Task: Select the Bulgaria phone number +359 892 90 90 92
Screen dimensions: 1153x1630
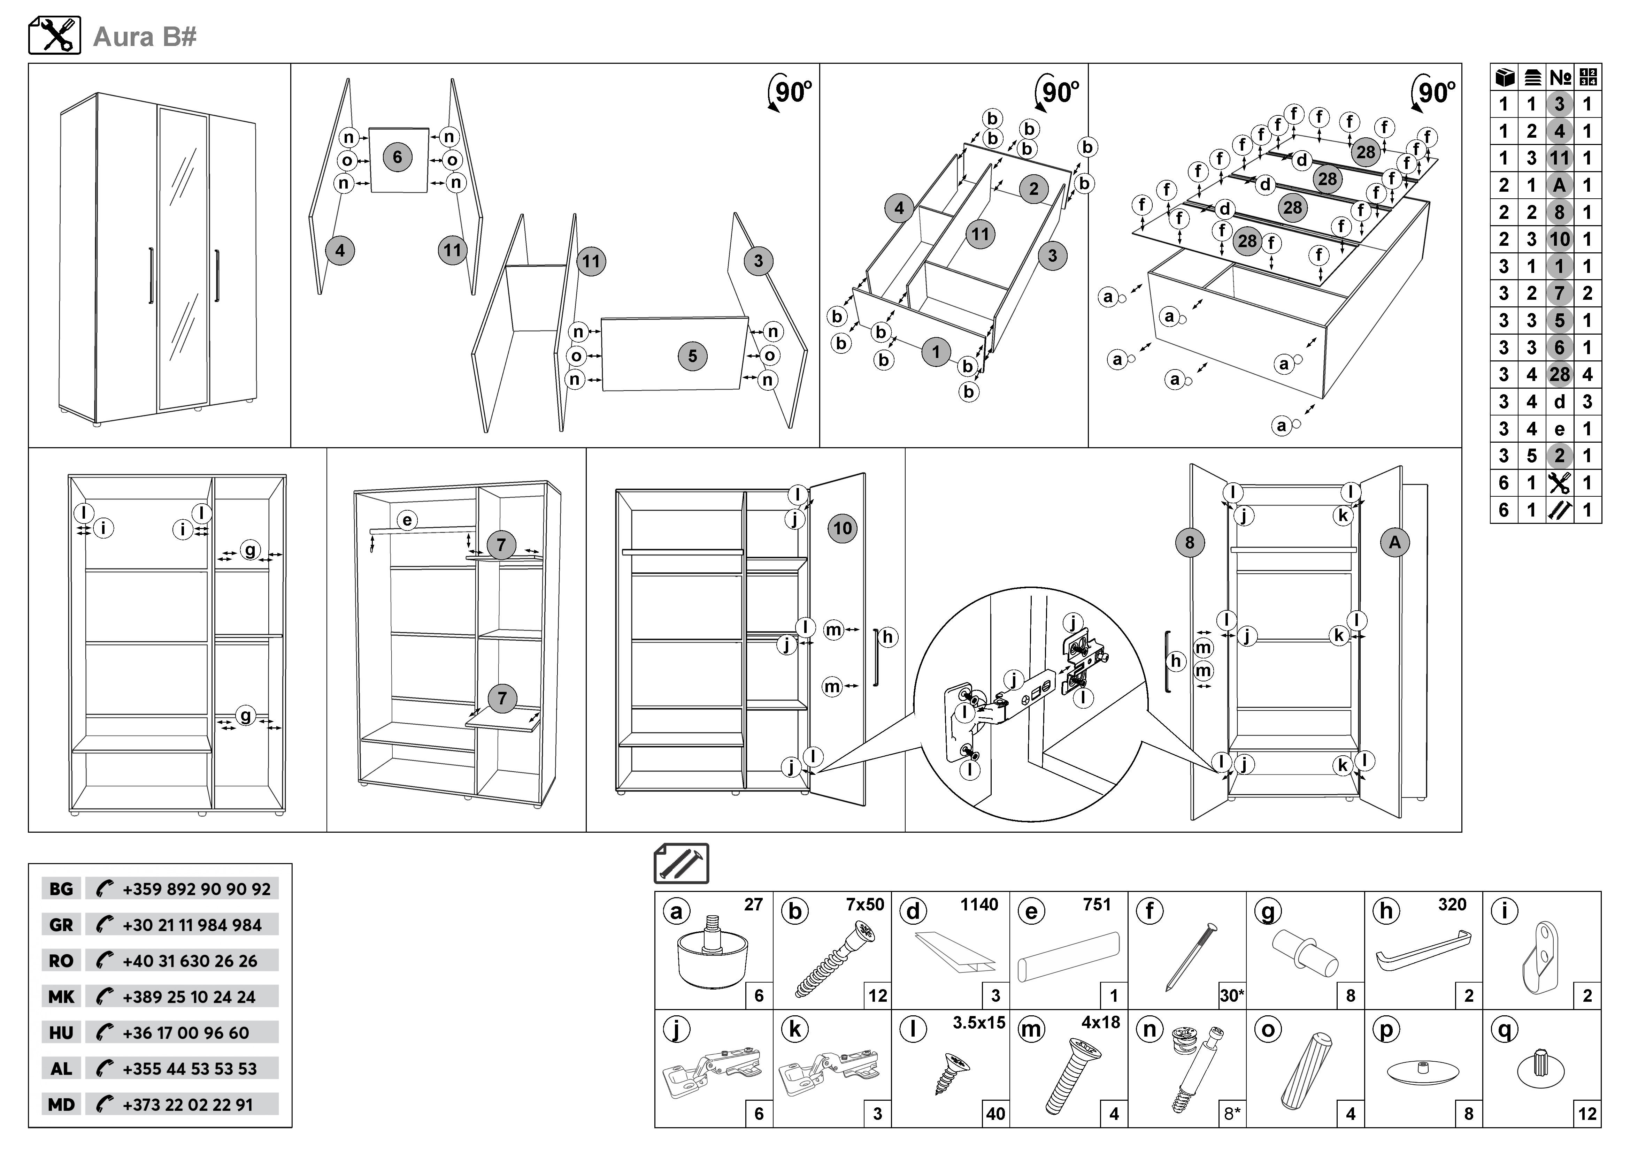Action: [x=196, y=889]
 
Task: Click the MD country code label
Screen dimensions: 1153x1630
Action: [x=61, y=1105]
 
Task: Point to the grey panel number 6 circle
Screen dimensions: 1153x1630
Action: [x=397, y=157]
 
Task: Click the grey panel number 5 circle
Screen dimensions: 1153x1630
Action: [x=692, y=356]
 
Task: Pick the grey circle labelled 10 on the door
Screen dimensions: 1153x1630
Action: [x=842, y=528]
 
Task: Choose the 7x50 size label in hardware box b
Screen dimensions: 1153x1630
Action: [x=865, y=904]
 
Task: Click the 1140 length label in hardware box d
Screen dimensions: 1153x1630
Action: [x=979, y=904]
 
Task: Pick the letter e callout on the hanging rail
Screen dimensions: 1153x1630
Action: [x=407, y=520]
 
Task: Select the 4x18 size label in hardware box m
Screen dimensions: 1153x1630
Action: [x=1100, y=1022]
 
